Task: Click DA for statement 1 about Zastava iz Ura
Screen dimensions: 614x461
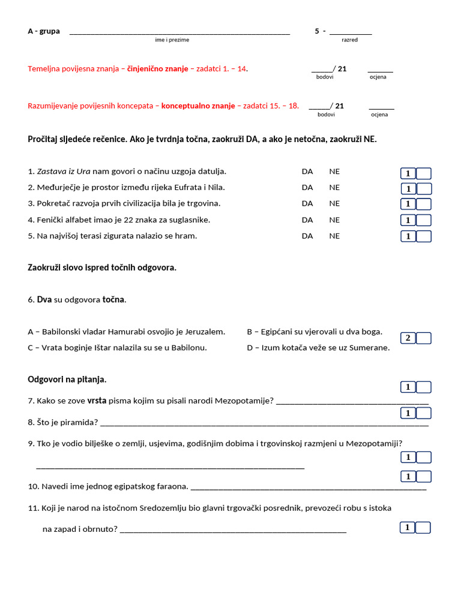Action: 307,171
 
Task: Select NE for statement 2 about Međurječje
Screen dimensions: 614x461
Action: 334,188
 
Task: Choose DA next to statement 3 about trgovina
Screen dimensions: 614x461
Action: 307,204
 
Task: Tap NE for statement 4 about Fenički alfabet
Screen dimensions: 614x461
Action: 334,220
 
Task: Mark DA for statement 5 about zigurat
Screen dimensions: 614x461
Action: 307,236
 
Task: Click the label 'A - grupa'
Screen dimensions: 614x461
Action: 44,31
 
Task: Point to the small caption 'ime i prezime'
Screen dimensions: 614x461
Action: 172,40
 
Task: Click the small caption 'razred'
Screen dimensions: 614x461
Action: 349,40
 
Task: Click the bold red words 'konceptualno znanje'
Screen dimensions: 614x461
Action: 198,106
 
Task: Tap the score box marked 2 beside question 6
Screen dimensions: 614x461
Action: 408,338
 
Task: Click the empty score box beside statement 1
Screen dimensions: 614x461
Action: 424,174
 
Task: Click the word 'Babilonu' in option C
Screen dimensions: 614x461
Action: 189,348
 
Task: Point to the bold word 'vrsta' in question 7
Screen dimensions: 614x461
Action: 97,401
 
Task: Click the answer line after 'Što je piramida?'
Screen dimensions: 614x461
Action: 264,424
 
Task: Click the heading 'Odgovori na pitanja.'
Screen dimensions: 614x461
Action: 67,380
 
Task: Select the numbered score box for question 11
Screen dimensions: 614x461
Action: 408,528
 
